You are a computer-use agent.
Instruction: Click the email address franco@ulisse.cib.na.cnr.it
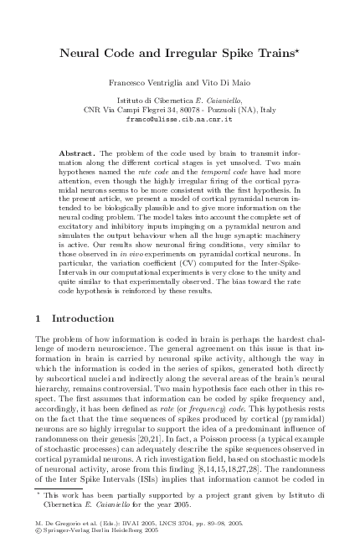[x=179, y=119]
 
